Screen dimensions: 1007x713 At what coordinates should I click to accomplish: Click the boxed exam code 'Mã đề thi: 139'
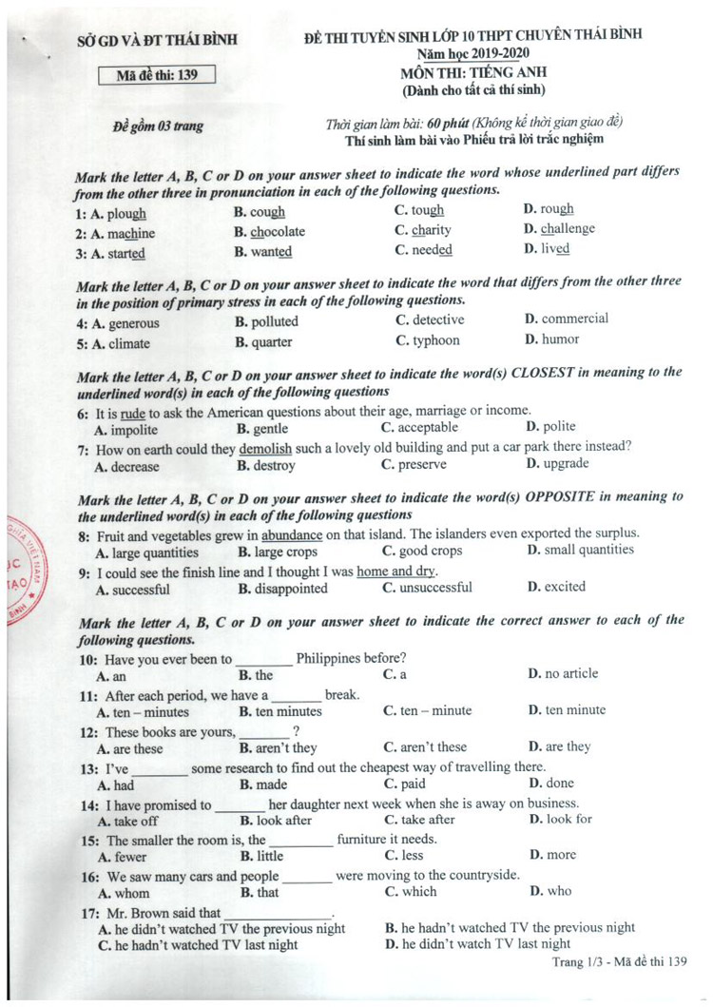[158, 76]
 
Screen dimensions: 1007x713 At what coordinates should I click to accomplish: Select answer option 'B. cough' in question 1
[260, 212]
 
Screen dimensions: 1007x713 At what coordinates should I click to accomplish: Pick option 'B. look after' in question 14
[276, 820]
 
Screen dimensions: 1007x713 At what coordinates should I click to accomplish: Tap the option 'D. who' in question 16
[549, 892]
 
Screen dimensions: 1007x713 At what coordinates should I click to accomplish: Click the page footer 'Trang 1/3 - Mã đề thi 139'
[619, 963]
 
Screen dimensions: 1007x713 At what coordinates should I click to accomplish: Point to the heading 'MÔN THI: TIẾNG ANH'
[473, 72]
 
